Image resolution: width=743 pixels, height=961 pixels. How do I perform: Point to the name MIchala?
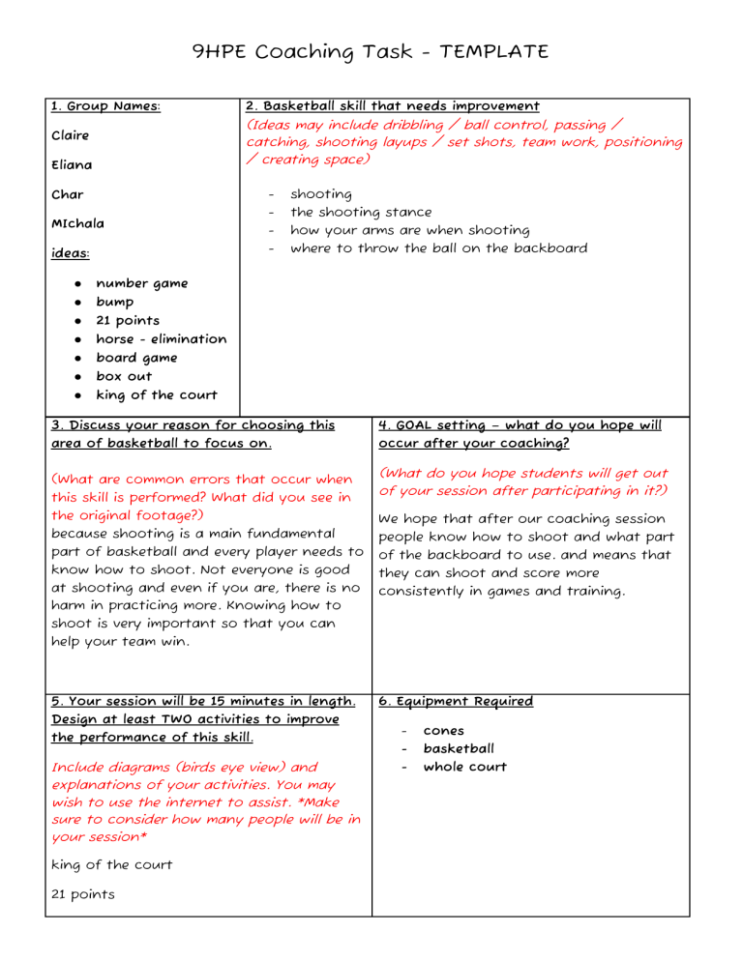click(78, 223)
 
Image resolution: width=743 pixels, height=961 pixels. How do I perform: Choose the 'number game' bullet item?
click(141, 283)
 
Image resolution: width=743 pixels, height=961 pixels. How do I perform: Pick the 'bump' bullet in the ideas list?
click(114, 302)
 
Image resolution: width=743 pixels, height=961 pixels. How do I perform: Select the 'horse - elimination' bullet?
click(161, 339)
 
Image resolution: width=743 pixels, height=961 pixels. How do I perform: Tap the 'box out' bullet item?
click(124, 376)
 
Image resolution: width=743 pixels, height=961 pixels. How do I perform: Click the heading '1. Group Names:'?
click(105, 106)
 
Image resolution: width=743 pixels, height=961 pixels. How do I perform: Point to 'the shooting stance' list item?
click(361, 213)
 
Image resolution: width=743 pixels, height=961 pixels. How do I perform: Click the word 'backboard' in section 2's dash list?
click(549, 248)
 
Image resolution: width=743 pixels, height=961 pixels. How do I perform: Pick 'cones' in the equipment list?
click(444, 731)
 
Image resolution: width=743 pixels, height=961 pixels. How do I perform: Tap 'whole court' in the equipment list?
click(464, 768)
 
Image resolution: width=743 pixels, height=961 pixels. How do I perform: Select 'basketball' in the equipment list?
click(459, 749)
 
